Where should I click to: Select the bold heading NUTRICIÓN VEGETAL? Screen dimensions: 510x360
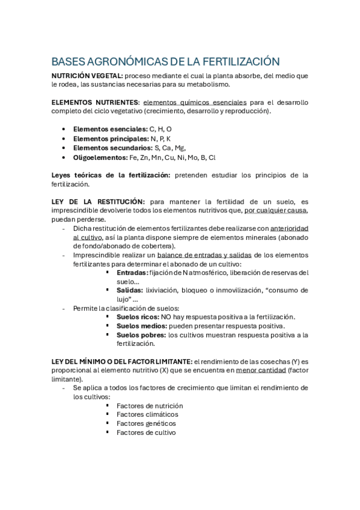tap(87, 76)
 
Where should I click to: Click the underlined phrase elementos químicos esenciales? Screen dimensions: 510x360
tap(195, 103)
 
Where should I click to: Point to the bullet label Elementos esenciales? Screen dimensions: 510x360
tap(110, 129)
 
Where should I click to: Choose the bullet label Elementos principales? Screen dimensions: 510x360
tap(111, 139)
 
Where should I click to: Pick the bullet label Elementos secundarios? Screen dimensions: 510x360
tap(112, 148)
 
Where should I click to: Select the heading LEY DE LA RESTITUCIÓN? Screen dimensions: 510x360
tap(99, 201)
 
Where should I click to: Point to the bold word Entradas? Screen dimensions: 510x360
tap(132, 272)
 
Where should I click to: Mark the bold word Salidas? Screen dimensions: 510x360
tap(130, 290)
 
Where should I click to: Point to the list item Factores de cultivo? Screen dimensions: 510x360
tap(146, 432)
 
